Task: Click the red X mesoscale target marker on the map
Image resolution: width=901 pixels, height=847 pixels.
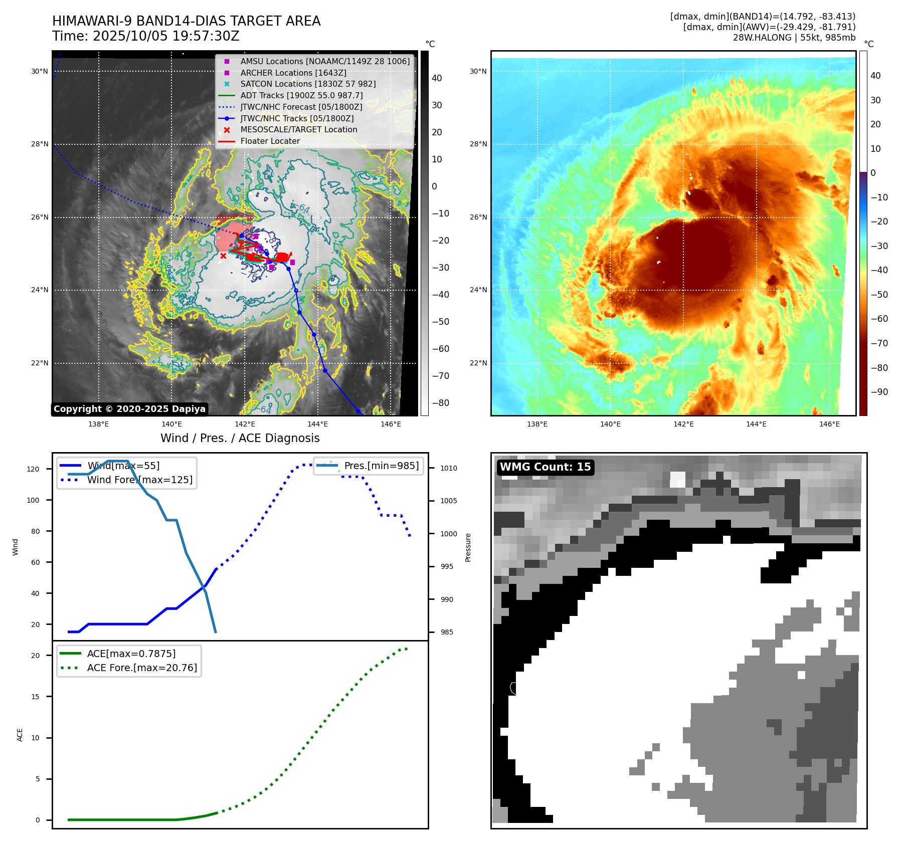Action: (223, 256)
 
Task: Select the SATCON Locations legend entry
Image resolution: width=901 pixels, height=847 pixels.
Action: (308, 84)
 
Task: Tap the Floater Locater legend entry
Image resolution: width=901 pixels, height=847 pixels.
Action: (270, 141)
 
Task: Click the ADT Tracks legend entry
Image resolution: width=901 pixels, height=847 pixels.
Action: (301, 95)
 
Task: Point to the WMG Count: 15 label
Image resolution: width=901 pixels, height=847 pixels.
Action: (545, 467)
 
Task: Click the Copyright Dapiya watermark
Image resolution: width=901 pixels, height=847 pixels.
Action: (129, 409)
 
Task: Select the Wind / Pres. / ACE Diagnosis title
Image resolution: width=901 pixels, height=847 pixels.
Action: (240, 438)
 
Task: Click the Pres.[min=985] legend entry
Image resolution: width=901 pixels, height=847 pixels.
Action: (381, 466)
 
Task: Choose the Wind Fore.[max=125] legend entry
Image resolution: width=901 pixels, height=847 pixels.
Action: (139, 480)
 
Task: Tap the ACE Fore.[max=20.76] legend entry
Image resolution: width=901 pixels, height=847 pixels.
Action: (142, 668)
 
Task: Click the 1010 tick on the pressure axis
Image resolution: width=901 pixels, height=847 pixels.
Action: (449, 468)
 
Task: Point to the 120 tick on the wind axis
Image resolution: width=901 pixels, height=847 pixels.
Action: (33, 469)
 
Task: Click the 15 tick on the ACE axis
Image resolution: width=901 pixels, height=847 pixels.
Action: (35, 697)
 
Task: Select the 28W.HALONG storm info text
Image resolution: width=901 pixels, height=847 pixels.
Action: (794, 38)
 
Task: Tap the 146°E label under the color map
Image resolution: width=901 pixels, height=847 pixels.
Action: (829, 424)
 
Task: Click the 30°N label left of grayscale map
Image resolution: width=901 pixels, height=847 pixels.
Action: (40, 71)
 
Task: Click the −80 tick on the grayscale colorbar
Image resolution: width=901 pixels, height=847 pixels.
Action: (441, 403)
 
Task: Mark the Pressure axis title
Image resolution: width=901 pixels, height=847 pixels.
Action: (468, 547)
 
